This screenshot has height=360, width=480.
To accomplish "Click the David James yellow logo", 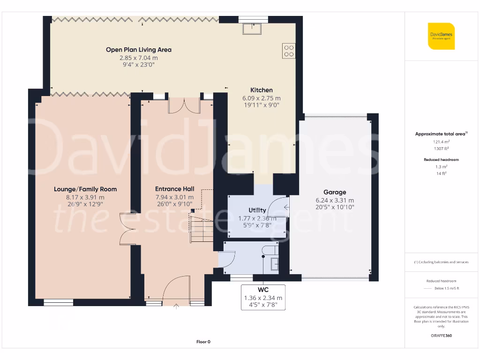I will [x=441, y=36].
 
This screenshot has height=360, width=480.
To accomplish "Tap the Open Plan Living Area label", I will [x=138, y=50].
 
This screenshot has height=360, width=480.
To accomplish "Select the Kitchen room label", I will [x=261, y=90].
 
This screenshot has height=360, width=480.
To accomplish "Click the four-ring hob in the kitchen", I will [x=289, y=51].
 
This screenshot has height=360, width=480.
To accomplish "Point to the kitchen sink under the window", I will [x=252, y=29].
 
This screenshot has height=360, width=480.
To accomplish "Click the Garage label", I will [x=335, y=192].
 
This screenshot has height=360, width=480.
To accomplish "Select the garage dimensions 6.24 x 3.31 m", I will [x=335, y=200].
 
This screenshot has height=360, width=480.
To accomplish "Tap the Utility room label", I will [x=257, y=210].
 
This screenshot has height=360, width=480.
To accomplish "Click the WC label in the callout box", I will [x=263, y=290].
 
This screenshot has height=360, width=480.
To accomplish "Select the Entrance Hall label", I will [x=174, y=189].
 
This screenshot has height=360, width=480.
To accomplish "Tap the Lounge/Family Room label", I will [x=85, y=189].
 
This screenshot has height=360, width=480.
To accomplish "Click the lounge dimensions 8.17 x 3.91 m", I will [x=85, y=197].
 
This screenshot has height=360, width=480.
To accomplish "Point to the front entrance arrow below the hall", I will [x=176, y=307].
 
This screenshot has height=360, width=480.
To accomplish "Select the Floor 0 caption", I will [x=203, y=342].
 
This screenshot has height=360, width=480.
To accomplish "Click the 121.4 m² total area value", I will [x=441, y=141].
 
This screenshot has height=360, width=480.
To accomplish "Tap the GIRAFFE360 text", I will [x=441, y=336].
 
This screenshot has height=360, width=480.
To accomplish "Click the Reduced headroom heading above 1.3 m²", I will [x=441, y=160].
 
